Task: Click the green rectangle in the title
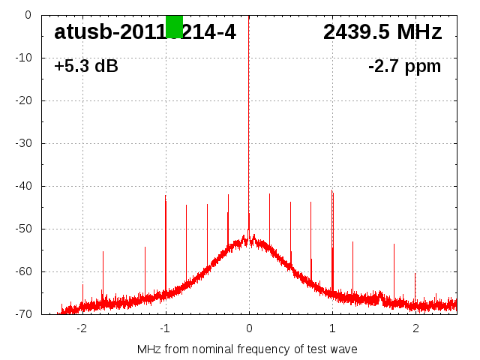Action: click(x=174, y=26)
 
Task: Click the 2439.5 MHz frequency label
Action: click(x=382, y=32)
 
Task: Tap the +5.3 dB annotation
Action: click(x=86, y=67)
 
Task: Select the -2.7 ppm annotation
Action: click(x=404, y=67)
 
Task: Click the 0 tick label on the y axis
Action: click(x=27, y=15)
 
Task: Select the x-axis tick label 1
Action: click(x=332, y=328)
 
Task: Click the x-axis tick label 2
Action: click(x=415, y=328)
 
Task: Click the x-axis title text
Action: click(x=247, y=349)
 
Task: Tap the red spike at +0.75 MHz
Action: click(x=310, y=232)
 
